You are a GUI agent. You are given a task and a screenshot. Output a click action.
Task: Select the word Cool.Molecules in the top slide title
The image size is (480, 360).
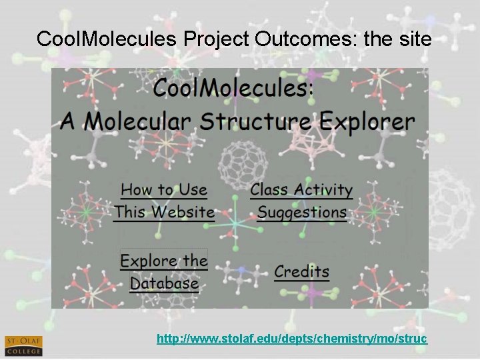[106, 39]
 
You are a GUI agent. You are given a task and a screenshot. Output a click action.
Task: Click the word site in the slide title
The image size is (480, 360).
[413, 39]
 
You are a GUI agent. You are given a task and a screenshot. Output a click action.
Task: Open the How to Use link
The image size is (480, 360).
[164, 190]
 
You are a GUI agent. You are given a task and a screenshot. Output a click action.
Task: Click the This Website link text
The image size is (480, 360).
[164, 213]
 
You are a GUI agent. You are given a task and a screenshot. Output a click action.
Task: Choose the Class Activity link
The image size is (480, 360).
[301, 190]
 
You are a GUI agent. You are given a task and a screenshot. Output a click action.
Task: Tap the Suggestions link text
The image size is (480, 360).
[302, 213]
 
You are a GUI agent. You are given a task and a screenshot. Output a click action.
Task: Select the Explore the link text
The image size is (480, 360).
[164, 261]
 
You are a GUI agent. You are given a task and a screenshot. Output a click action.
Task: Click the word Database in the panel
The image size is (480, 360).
[164, 283]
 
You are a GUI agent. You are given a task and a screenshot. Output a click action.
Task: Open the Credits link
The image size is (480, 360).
[301, 272]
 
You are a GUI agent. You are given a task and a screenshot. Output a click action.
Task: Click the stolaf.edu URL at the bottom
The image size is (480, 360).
[291, 339]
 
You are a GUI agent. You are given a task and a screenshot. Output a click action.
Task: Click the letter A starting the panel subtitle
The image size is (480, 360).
[69, 122]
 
